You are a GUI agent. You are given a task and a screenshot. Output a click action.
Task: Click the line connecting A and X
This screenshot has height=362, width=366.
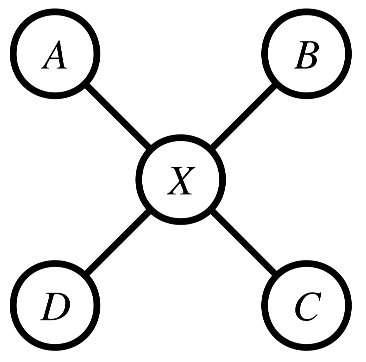click(118, 117)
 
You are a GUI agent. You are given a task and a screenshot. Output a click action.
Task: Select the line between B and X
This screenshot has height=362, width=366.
click(243, 117)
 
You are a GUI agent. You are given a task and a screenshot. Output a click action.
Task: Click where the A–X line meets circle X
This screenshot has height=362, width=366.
click(150, 149)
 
